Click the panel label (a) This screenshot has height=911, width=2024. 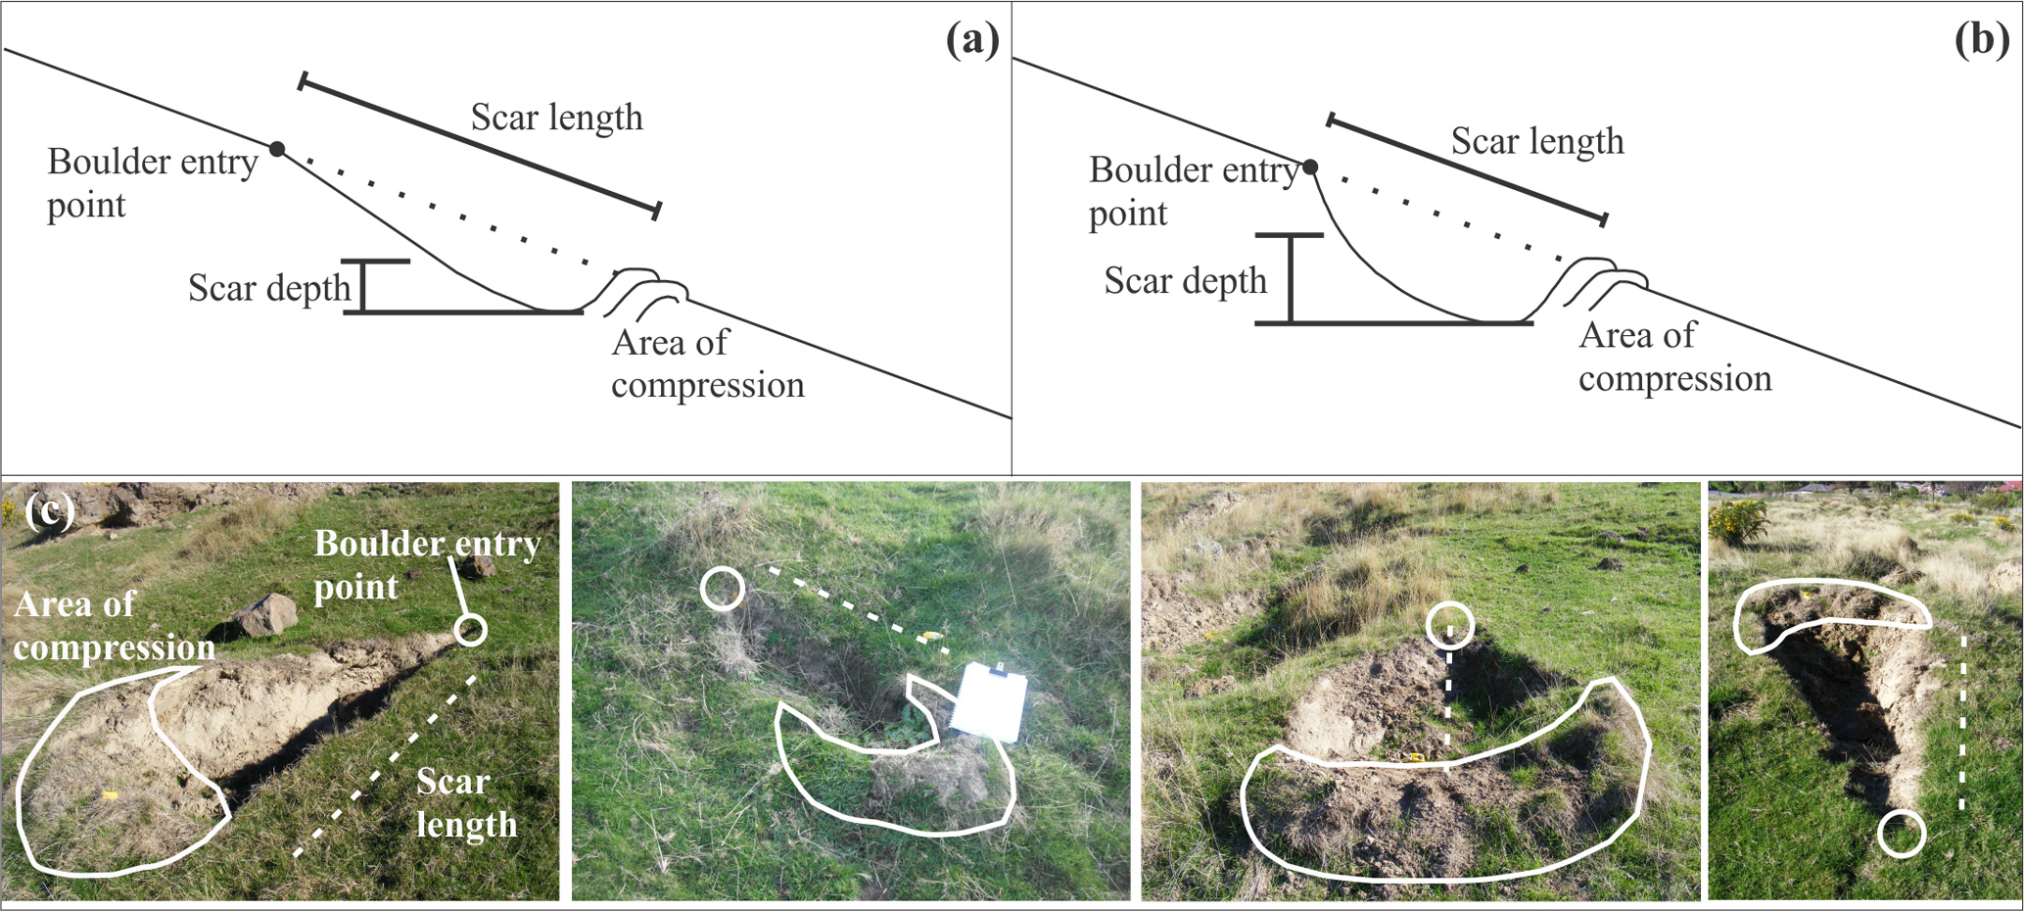click(971, 40)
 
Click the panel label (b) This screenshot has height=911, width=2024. click(1981, 40)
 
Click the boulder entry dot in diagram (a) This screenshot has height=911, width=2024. click(278, 149)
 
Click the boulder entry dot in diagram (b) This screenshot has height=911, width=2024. click(1310, 168)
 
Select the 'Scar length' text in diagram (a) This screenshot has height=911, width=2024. click(556, 118)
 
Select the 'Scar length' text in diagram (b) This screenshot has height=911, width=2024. click(1536, 141)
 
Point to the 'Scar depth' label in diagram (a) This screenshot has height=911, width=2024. click(269, 288)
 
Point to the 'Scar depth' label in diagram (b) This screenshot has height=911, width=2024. click(1185, 281)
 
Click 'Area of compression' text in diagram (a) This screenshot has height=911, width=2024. click(707, 363)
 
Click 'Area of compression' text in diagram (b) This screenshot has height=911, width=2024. click(1674, 357)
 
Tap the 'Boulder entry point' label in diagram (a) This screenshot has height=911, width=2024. click(152, 183)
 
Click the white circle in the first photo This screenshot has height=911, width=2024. click(470, 630)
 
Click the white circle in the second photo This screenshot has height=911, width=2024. click(723, 589)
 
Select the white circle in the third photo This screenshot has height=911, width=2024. click(1449, 625)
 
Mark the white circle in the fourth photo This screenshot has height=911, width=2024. click(1902, 834)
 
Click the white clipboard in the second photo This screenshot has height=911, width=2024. click(990, 701)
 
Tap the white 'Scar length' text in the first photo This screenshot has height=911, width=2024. click(465, 803)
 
